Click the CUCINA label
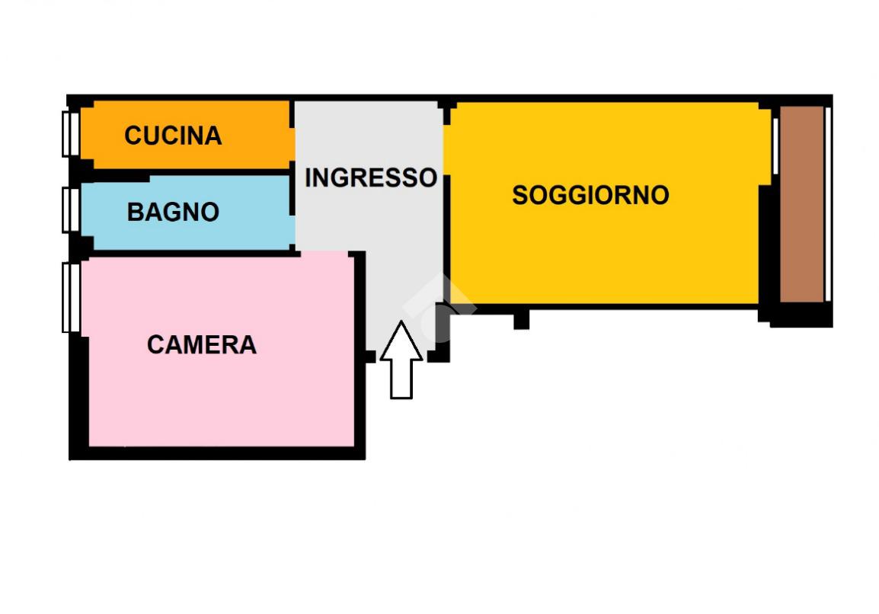pos(173,136)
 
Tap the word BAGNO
pos(173,212)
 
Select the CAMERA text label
pos(201,345)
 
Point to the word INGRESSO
pos(371,177)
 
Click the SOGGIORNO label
pos(590,195)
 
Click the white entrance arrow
pos(401,360)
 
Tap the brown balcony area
pos(801,204)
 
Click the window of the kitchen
pos(70,133)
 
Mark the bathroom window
pos(70,209)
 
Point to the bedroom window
pos(71,297)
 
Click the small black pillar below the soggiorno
pos(521,318)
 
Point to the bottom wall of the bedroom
pos(217,453)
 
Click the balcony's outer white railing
pos(828,204)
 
